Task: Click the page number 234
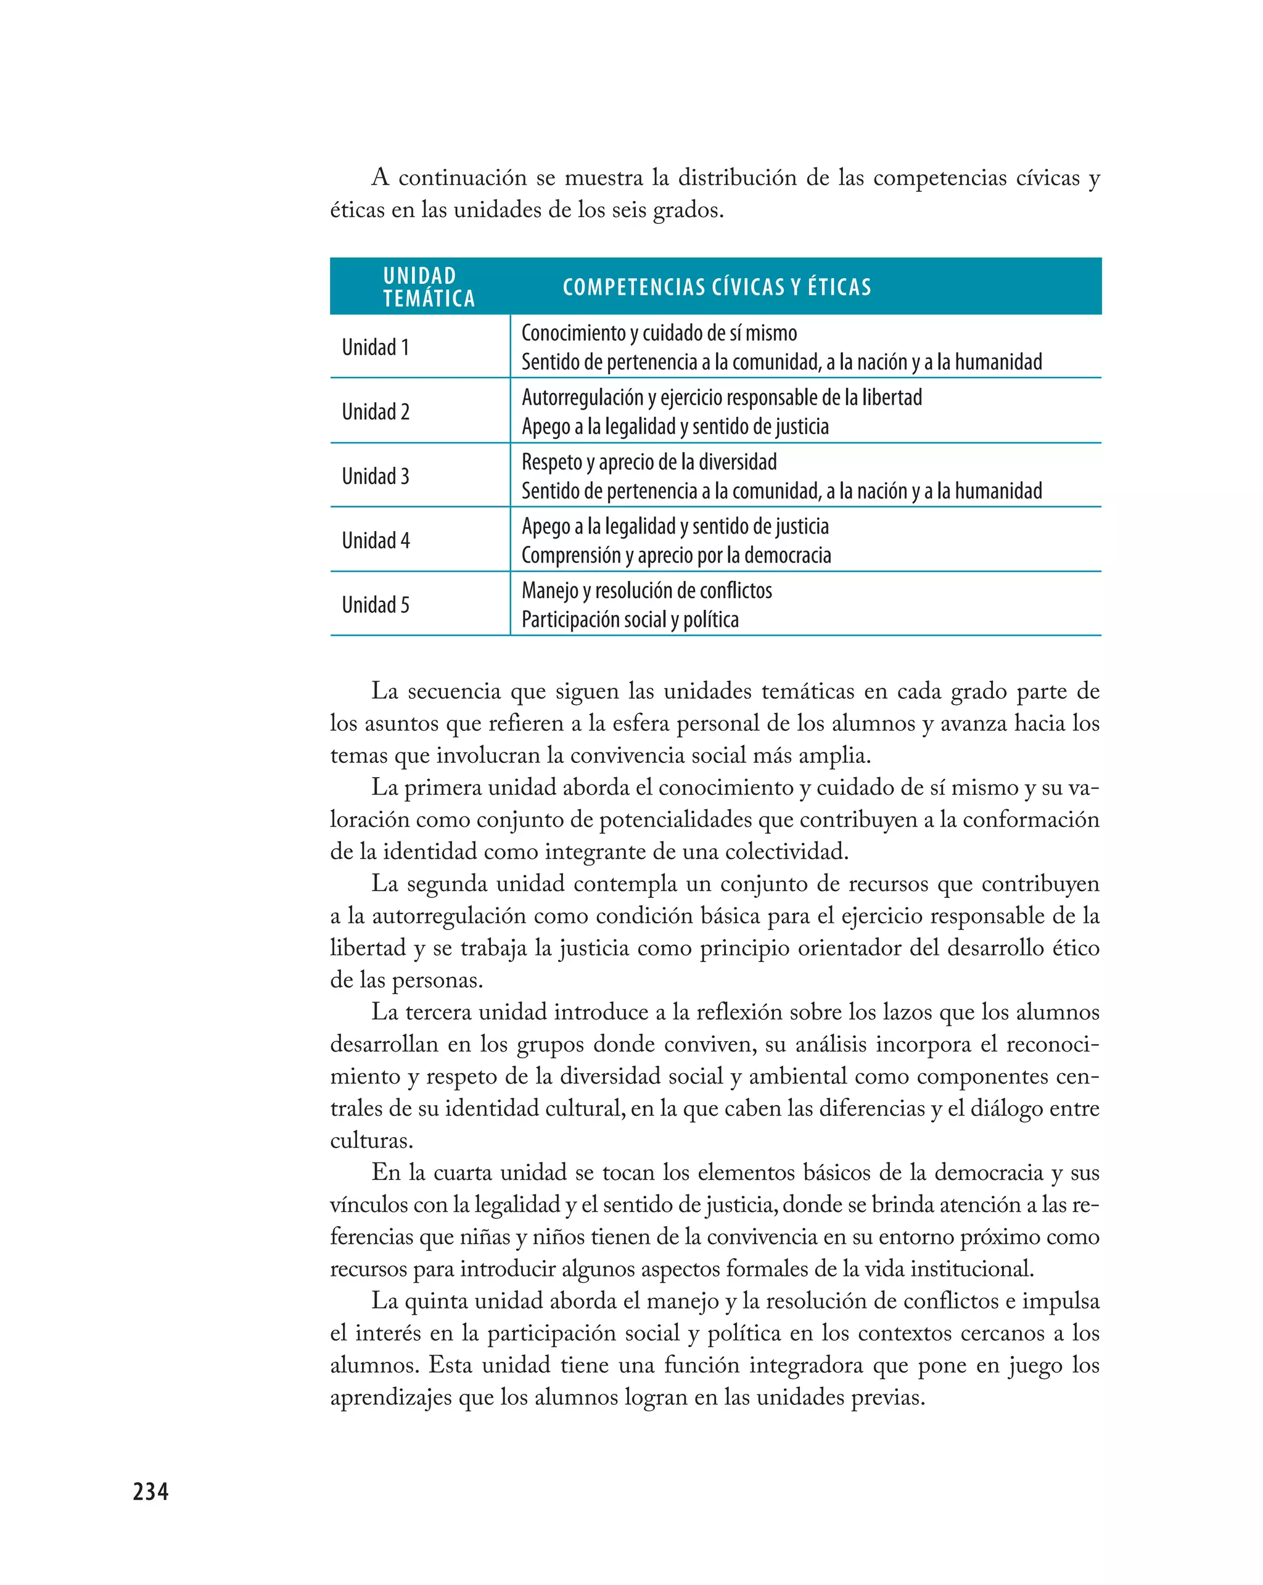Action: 150,1491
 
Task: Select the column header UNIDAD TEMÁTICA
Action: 428,287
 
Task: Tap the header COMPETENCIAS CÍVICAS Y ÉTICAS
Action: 716,287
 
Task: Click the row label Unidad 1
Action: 375,347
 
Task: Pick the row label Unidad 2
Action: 375,412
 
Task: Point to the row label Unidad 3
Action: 375,476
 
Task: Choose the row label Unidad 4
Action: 375,540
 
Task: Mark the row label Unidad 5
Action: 375,605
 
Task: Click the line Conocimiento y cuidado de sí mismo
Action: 659,333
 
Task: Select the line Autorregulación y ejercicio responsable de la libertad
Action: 721,398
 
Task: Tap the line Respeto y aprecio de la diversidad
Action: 648,463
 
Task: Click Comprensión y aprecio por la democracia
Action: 676,555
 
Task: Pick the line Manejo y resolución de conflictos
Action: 646,590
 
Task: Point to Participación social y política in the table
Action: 629,620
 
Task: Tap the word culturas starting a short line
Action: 371,1141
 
